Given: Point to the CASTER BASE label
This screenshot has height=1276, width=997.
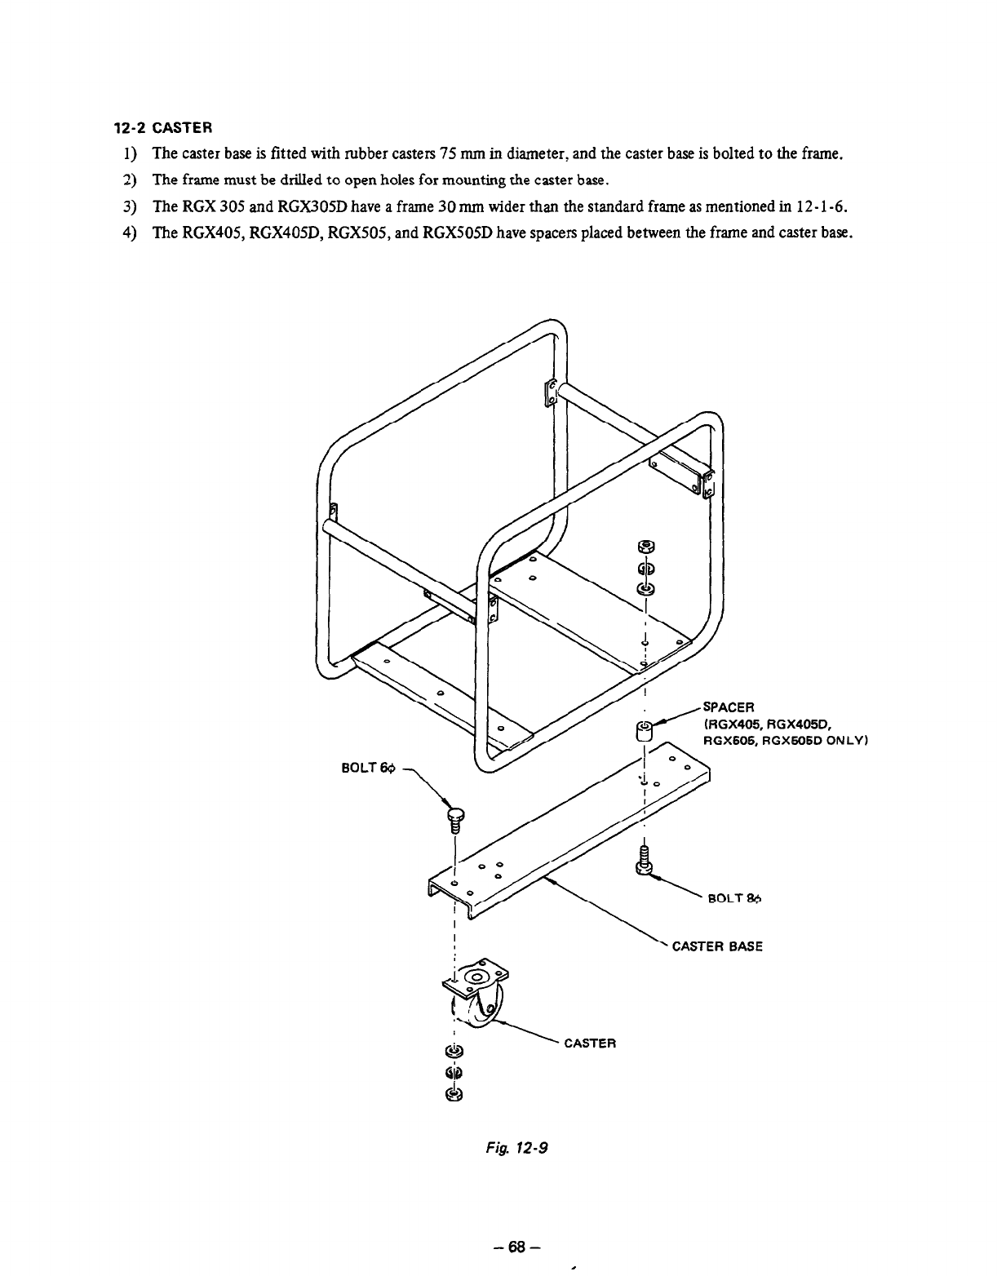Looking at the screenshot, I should point(716,947).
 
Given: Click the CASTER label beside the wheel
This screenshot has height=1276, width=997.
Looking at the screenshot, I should point(590,1043).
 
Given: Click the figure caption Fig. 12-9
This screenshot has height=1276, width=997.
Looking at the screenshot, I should point(511,1148).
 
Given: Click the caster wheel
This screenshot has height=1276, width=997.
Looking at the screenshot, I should point(478,1008).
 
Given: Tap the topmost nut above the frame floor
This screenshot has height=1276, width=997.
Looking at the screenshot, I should point(645,546).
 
